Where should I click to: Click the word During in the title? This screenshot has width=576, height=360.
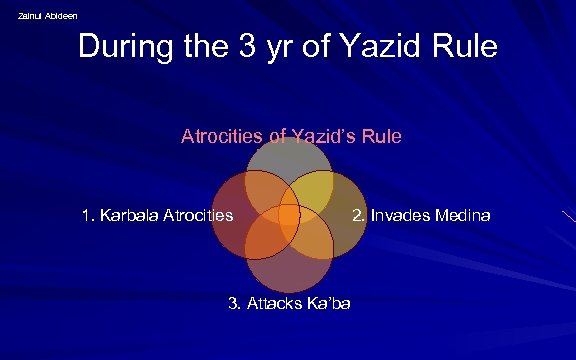coord(125,47)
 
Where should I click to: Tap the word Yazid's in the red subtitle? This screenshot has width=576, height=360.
coord(315,136)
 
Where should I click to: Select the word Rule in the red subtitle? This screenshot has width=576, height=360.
coord(382,136)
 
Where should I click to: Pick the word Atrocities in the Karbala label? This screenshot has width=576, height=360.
coord(198,215)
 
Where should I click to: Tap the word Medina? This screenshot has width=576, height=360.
coord(462,215)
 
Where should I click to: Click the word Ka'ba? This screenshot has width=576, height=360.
coord(330,303)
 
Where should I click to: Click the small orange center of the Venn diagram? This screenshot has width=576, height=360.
coord(289,215)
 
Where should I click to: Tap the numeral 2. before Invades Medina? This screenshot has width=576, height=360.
coord(358,215)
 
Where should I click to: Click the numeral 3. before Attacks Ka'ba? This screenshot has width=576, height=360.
coord(234,303)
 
